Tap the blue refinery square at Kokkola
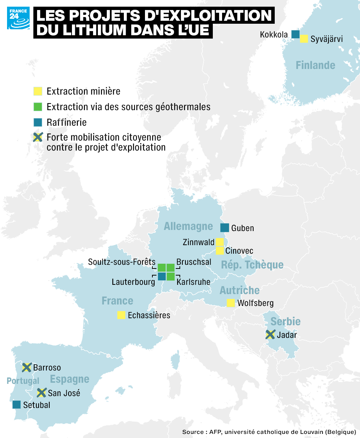295,34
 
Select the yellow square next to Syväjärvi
304,39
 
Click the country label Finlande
315,66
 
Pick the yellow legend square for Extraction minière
38,91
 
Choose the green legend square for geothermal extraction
38,107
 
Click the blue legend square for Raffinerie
38,122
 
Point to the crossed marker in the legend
38,138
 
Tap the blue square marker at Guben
224,228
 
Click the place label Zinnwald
198,243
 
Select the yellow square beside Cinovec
219,251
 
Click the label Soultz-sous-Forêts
122,262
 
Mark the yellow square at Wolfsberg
231,303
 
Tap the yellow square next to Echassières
121,315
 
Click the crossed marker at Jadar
271,335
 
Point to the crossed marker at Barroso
27,368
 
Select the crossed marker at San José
42,392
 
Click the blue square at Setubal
16,405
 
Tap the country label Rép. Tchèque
252,265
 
